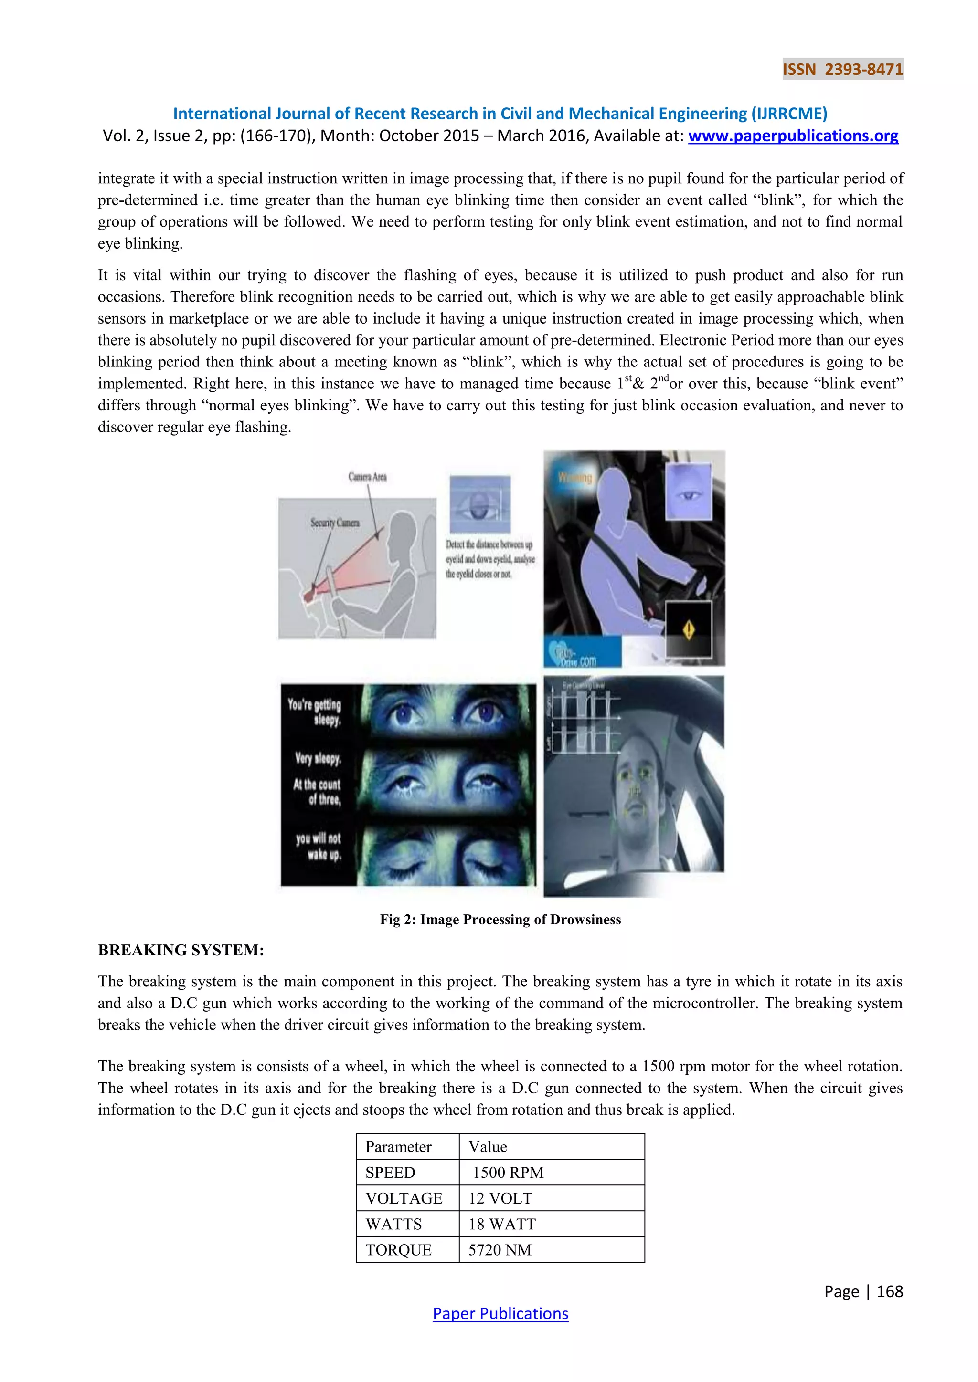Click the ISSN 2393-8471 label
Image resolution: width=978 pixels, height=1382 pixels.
click(x=842, y=69)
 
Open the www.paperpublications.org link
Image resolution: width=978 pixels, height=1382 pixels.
click(x=793, y=136)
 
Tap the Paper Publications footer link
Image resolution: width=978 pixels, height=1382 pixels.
click(x=500, y=1313)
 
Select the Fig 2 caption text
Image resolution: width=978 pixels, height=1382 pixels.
click(x=500, y=919)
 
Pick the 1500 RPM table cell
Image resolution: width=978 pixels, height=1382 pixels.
click(x=508, y=1172)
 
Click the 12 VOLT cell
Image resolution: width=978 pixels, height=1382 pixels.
click(x=500, y=1198)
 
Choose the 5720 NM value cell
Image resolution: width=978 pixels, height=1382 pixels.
click(x=500, y=1250)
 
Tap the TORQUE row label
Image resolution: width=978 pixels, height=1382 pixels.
click(x=398, y=1250)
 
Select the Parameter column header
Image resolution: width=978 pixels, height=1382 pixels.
click(x=398, y=1147)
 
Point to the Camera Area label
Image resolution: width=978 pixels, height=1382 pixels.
click(x=367, y=477)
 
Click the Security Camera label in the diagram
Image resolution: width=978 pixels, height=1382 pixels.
click(x=335, y=523)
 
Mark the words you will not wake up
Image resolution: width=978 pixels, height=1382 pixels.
click(x=319, y=846)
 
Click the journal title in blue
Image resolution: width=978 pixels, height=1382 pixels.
click(x=500, y=113)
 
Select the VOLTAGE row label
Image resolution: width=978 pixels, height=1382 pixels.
click(x=404, y=1198)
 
